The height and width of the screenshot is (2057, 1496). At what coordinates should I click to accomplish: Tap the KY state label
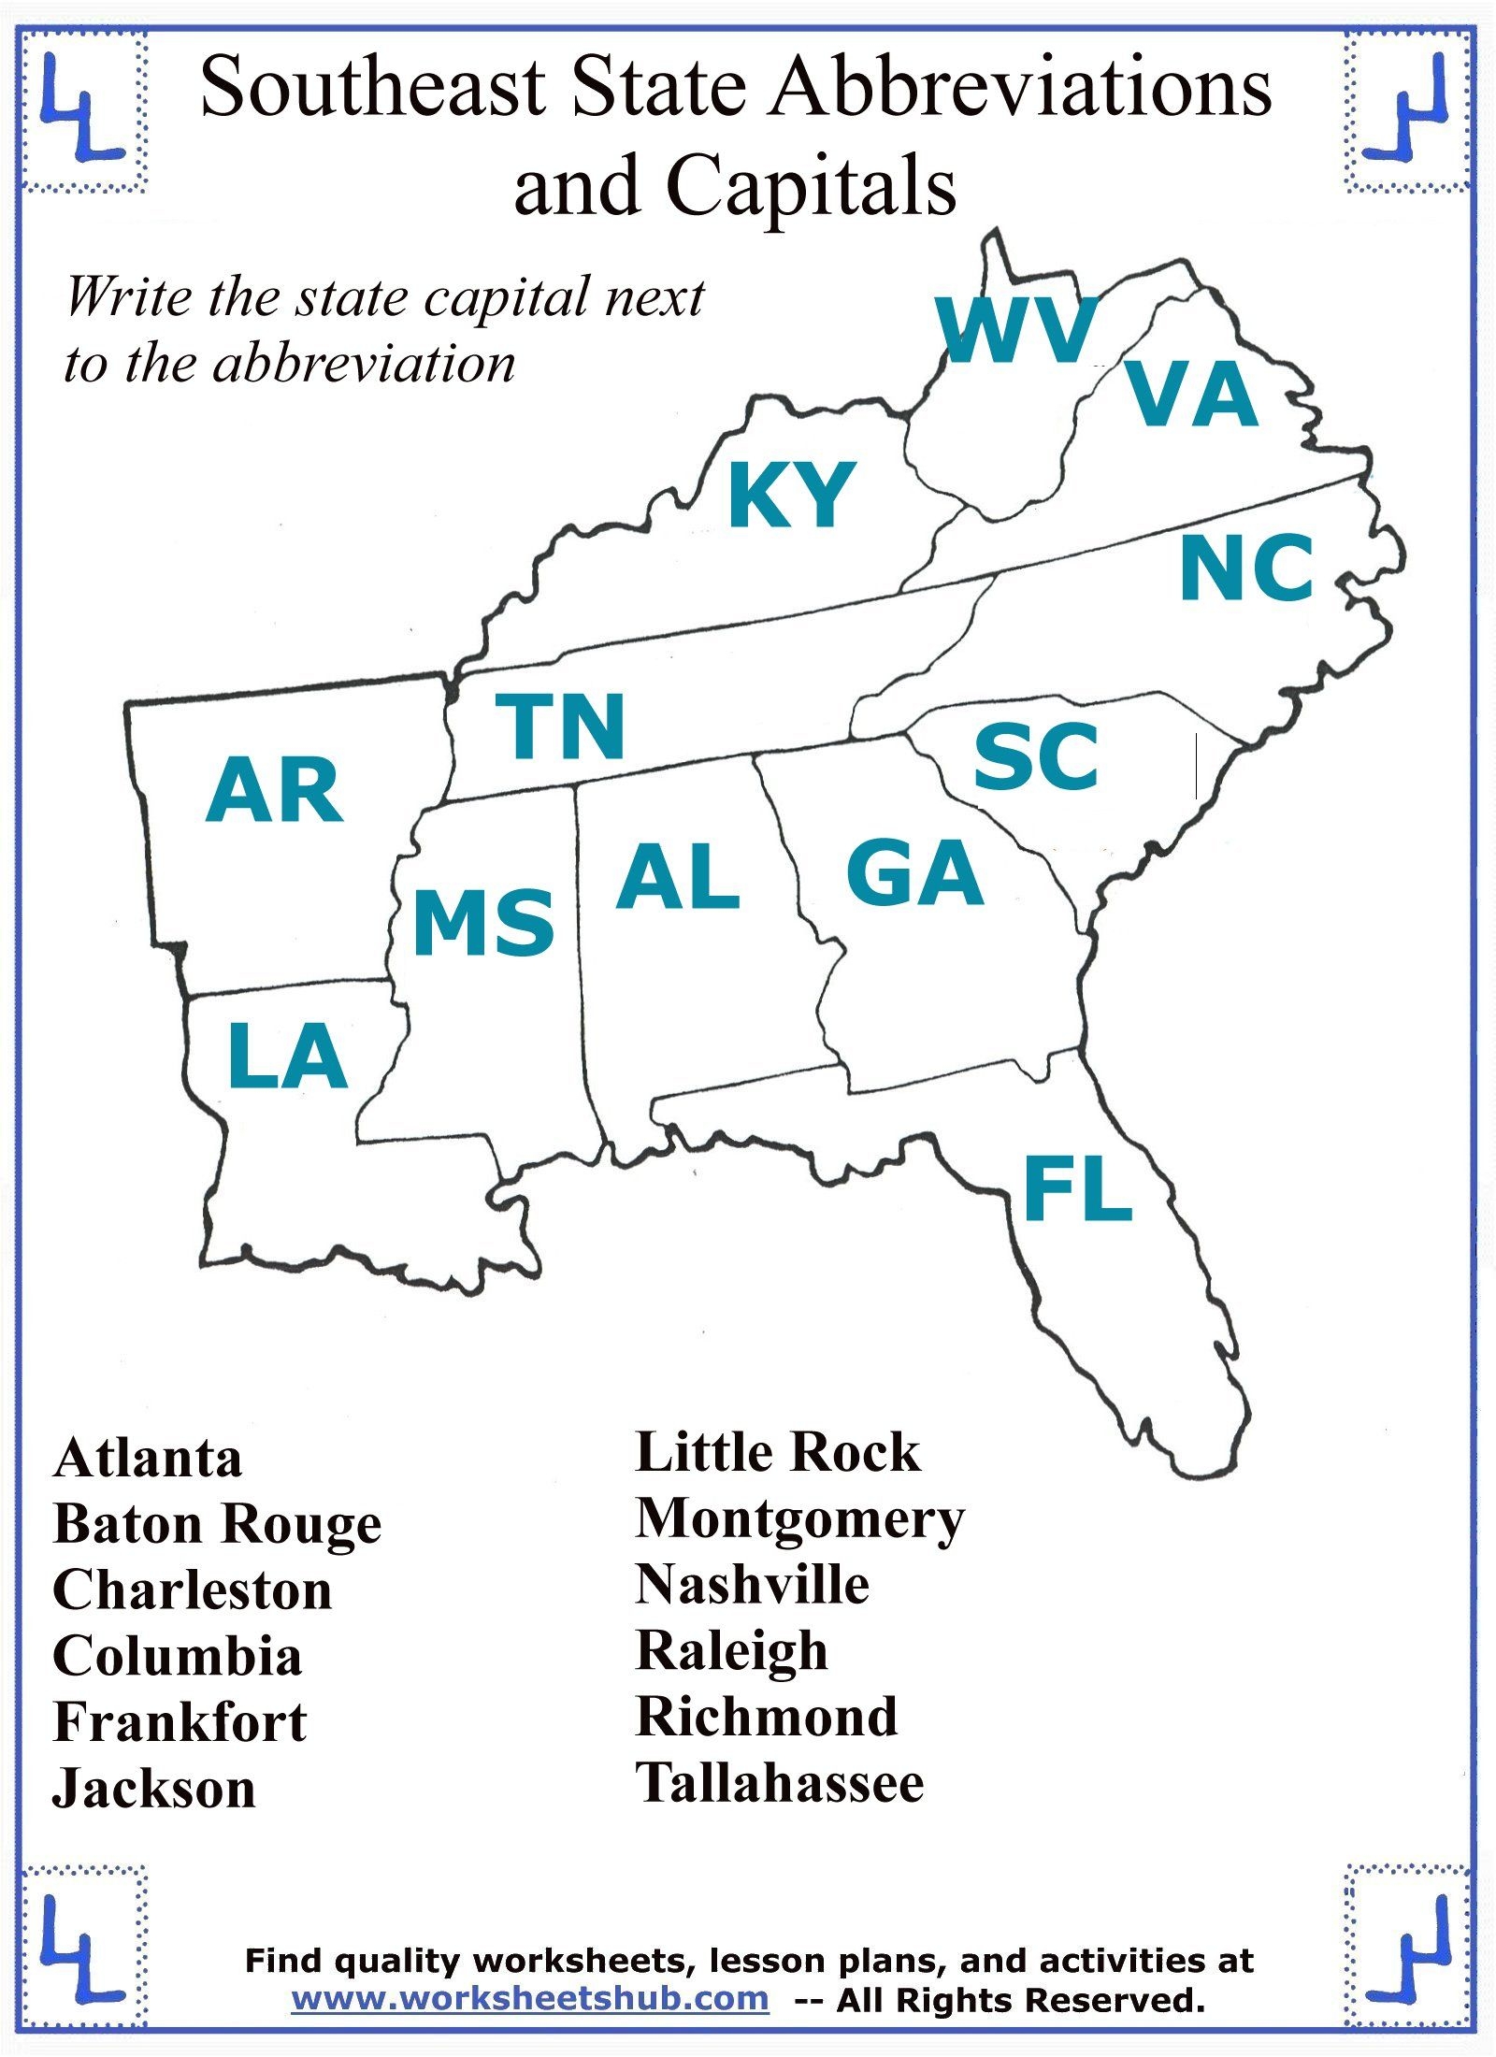point(791,495)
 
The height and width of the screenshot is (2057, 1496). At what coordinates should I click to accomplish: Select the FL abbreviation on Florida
point(1078,1189)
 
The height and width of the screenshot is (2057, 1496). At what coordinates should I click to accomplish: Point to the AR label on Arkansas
point(274,792)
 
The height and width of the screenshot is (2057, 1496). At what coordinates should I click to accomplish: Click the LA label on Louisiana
point(287,1057)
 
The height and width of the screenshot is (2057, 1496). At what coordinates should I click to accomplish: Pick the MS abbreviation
point(483,923)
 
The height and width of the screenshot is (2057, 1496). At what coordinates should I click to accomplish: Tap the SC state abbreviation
point(1036,757)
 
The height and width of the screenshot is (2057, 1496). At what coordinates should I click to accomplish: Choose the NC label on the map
point(1246,568)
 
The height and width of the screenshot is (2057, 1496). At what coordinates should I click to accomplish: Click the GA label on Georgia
point(914,873)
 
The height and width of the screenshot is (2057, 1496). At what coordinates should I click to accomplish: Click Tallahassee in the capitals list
point(780,1782)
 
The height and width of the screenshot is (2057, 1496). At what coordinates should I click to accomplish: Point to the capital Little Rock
point(778,1452)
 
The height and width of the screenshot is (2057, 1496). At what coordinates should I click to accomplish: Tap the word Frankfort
point(180,1722)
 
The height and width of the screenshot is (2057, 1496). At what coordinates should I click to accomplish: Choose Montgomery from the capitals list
point(799,1519)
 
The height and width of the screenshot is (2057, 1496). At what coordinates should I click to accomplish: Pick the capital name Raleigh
point(732,1651)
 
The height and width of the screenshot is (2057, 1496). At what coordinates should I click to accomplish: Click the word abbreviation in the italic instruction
point(365,363)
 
